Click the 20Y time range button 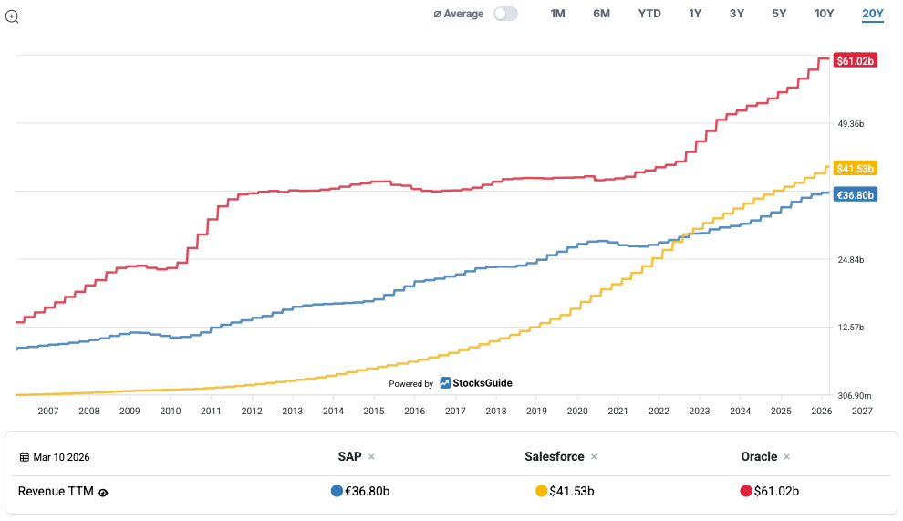click(x=873, y=14)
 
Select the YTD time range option click(x=649, y=14)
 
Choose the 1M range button click(x=557, y=14)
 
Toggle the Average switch click(x=505, y=14)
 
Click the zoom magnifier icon click(x=13, y=16)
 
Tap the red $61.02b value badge click(x=857, y=61)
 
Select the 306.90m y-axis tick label click(x=854, y=396)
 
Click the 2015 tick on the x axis click(x=374, y=412)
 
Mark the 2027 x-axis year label click(x=861, y=412)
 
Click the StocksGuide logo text click(x=483, y=383)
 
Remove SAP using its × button click(x=371, y=456)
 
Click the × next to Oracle click(x=786, y=456)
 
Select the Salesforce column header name click(x=555, y=456)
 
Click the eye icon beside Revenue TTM click(x=103, y=492)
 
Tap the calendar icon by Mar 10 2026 click(x=25, y=457)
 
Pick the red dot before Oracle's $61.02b click(x=746, y=491)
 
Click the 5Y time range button click(x=779, y=14)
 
